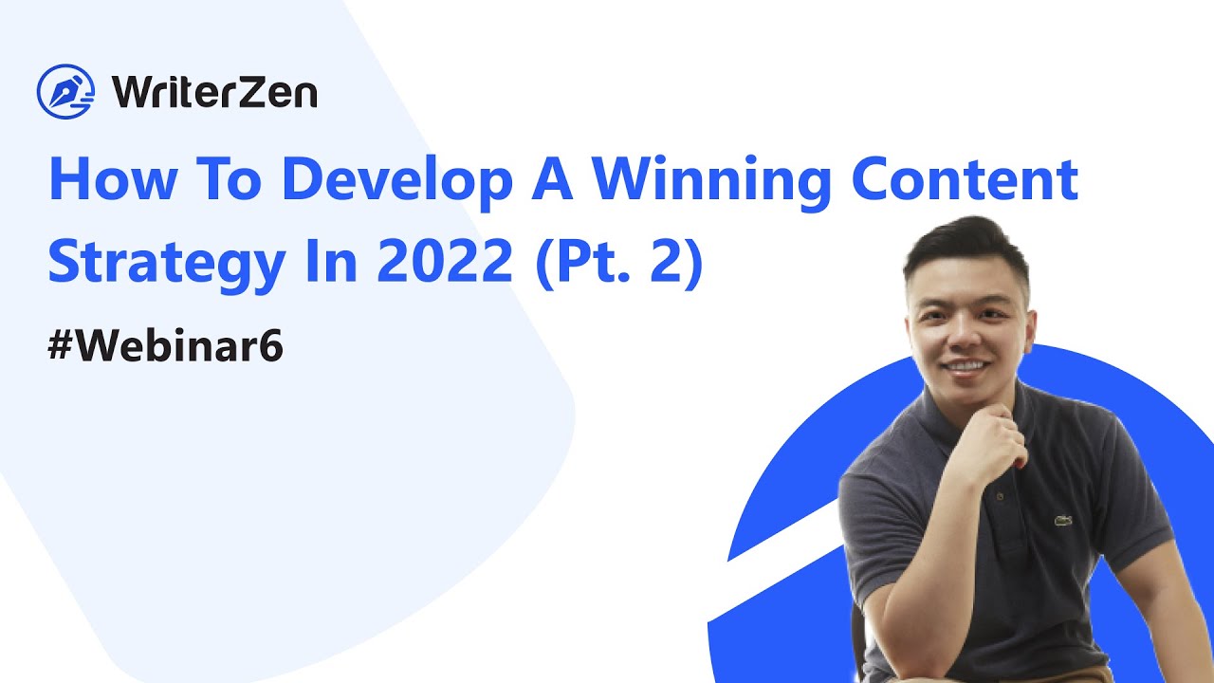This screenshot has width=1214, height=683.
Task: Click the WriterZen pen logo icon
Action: tap(65, 91)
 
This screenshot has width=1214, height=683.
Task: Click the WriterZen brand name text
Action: tap(213, 92)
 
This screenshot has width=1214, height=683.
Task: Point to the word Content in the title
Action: tap(965, 179)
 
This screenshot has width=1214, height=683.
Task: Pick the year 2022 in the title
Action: tap(445, 263)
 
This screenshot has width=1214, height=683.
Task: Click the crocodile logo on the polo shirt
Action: tap(1063, 520)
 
